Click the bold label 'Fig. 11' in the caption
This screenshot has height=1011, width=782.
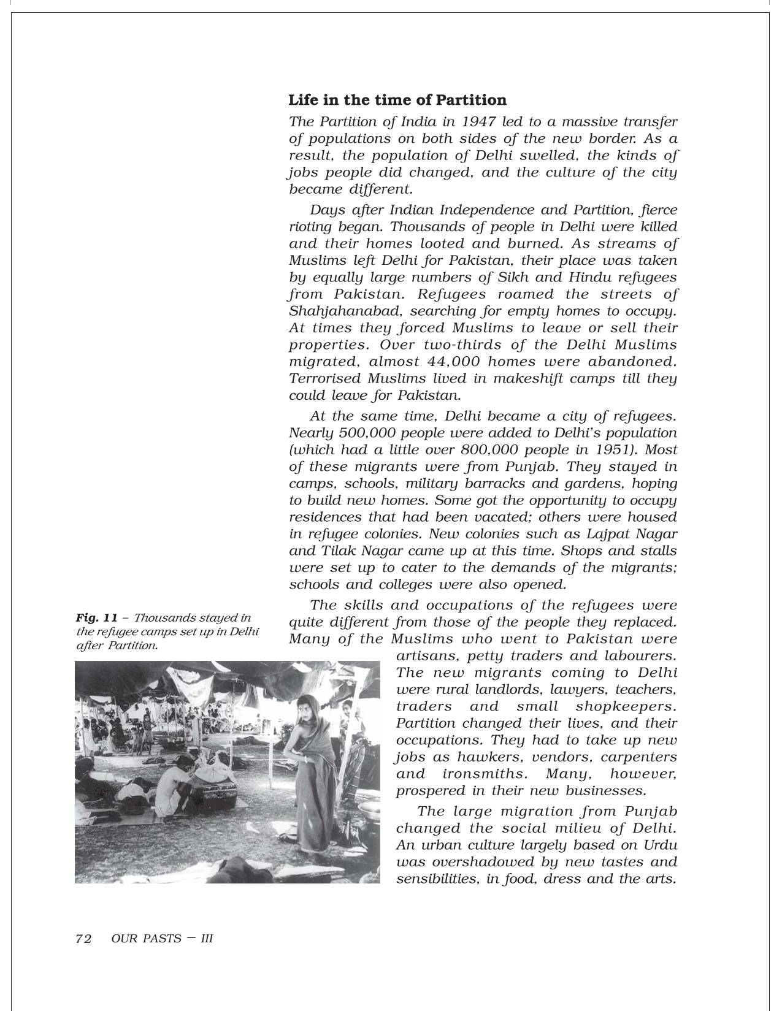(97, 618)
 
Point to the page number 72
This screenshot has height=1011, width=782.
(83, 938)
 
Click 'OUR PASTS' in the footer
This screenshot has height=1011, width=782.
(147, 938)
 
